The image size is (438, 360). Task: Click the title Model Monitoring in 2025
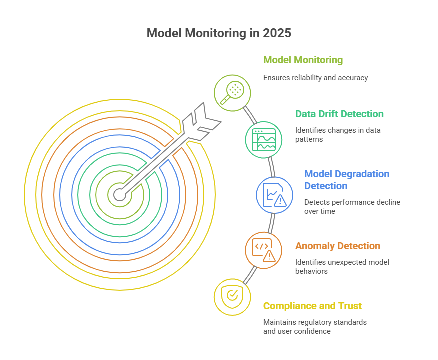218,33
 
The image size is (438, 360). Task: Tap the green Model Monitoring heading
303,60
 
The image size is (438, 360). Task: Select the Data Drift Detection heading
339,114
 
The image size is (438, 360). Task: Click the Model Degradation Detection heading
347,180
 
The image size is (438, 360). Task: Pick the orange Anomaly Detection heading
337,246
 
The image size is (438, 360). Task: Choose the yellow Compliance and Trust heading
312,306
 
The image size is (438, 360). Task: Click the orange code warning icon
263,249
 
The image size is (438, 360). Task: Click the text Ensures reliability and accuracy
315,78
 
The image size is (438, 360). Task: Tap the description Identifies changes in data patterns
338,135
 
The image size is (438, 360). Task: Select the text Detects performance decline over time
352,207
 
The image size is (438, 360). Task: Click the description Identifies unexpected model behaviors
342,266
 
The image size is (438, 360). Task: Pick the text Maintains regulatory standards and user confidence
315,326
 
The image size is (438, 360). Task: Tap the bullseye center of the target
119,193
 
